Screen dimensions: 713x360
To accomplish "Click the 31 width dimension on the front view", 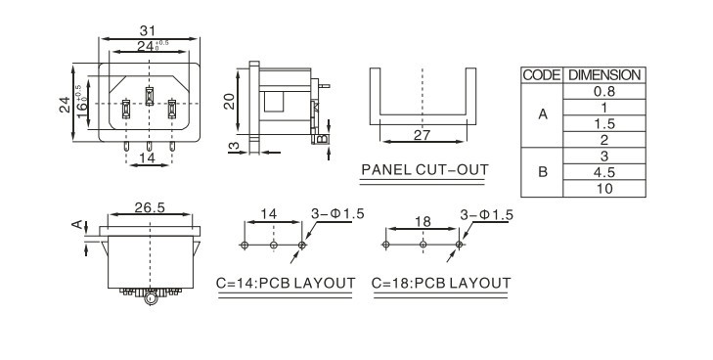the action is point(148,31).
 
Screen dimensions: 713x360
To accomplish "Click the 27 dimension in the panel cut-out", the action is point(422,135).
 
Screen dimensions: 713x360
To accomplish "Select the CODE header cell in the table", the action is point(542,75).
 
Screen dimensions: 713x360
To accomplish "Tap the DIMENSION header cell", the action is point(604,75).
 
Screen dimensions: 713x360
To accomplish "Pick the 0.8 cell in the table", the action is point(604,91).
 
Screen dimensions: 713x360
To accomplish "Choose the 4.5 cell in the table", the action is point(604,172).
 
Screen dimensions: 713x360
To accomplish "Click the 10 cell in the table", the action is point(604,189).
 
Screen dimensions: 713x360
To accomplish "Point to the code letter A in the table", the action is point(543,114).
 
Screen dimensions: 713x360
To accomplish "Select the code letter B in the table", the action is point(543,172).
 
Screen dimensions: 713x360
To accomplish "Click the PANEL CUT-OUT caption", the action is point(424,170).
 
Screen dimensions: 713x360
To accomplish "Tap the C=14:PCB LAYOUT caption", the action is point(286,283).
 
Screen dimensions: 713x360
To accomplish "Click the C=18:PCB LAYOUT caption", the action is point(441,283).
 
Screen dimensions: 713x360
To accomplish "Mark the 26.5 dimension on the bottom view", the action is point(150,207).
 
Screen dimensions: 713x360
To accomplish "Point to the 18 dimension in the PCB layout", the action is point(423,222).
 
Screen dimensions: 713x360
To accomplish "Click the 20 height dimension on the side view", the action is point(229,102).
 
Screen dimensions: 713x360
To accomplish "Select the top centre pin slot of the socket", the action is point(149,96).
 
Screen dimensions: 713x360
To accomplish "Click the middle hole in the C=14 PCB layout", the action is point(273,246).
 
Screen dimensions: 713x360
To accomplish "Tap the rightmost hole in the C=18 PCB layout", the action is point(459,245).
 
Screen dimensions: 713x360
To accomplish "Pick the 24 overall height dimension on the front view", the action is point(65,105).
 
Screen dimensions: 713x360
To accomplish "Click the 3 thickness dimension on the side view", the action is point(234,147).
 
